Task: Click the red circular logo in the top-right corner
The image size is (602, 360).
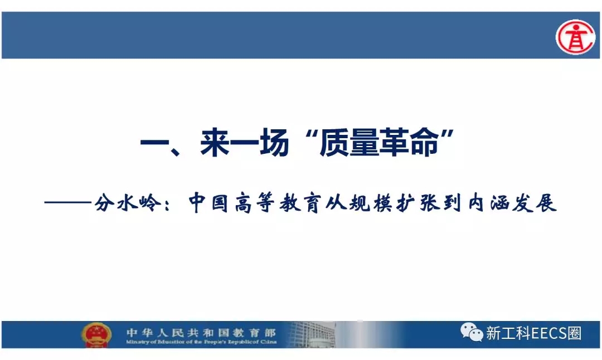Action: pyautogui.click(x=575, y=37)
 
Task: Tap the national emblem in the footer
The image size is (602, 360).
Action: pyautogui.click(x=96, y=335)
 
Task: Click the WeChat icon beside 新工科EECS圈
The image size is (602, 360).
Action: pyautogui.click(x=472, y=332)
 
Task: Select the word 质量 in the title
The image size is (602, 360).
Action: pyautogui.click(x=349, y=143)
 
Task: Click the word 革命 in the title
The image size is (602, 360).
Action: pyautogui.click(x=409, y=143)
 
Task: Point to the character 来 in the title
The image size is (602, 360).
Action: pyautogui.click(x=215, y=143)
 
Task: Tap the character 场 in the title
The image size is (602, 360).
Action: pyautogui.click(x=274, y=143)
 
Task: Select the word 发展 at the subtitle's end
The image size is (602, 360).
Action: pyautogui.click(x=535, y=203)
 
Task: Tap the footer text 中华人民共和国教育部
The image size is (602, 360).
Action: pyautogui.click(x=201, y=332)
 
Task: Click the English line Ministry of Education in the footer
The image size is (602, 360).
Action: pyautogui.click(x=201, y=342)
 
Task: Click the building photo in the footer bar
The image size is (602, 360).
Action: pyautogui.click(x=312, y=334)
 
